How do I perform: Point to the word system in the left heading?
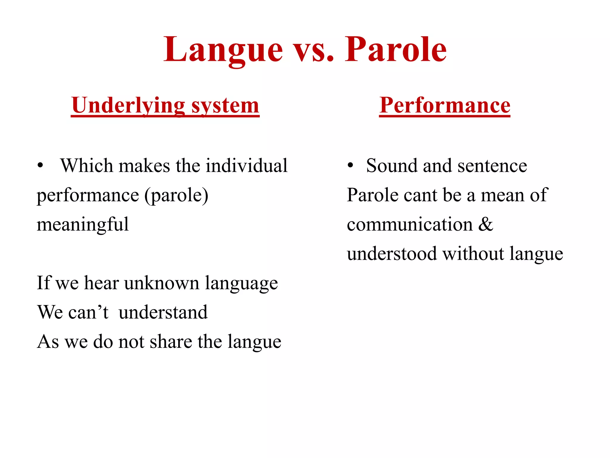click(225, 106)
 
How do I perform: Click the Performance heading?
click(445, 106)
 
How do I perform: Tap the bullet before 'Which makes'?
click(40, 166)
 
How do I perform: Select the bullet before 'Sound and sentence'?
click(350, 166)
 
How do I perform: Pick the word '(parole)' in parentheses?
click(176, 196)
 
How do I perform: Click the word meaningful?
click(83, 225)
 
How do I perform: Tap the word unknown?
click(162, 283)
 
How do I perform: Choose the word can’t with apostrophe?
click(88, 312)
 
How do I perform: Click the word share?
click(171, 342)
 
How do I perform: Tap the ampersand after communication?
click(486, 225)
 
